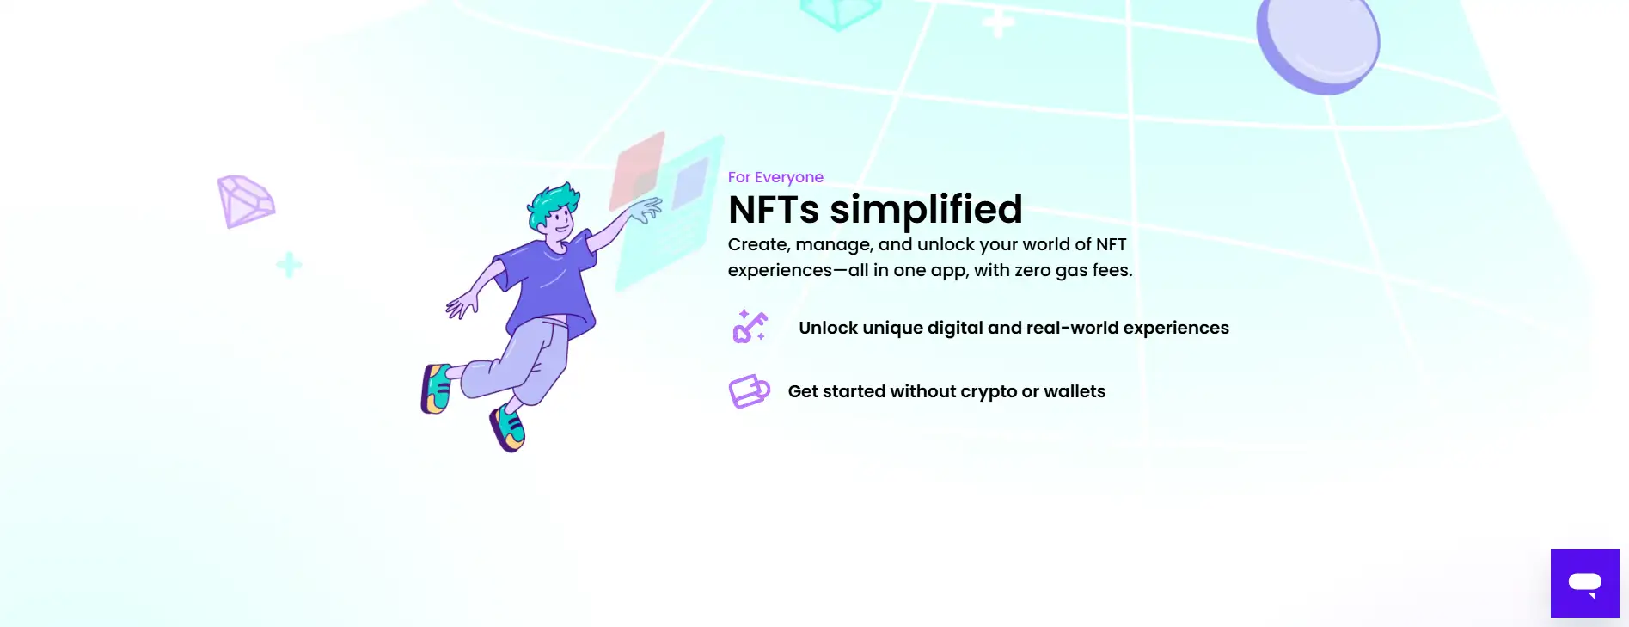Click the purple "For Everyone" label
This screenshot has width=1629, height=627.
pyautogui.click(x=775, y=177)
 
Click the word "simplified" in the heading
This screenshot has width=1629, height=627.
pyautogui.click(x=926, y=209)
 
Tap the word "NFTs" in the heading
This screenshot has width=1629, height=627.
pyautogui.click(x=774, y=210)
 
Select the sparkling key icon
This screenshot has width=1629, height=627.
pyautogui.click(x=750, y=327)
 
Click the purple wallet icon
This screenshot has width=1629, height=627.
pyautogui.click(x=749, y=391)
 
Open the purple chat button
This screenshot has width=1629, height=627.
pyautogui.click(x=1584, y=583)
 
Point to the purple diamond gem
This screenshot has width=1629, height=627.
pyautogui.click(x=245, y=201)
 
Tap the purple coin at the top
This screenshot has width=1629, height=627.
pyautogui.click(x=1317, y=43)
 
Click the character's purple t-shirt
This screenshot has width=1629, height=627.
pyautogui.click(x=548, y=284)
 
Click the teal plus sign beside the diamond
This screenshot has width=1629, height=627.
pyautogui.click(x=289, y=265)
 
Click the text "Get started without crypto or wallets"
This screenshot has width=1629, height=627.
pyautogui.click(x=946, y=391)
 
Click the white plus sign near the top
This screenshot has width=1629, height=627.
pyautogui.click(x=998, y=22)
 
